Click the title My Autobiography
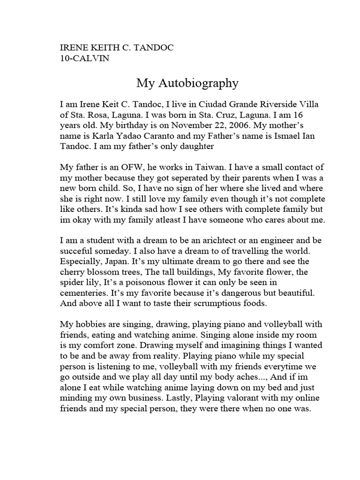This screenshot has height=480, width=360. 187,83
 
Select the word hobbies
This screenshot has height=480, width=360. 90,325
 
